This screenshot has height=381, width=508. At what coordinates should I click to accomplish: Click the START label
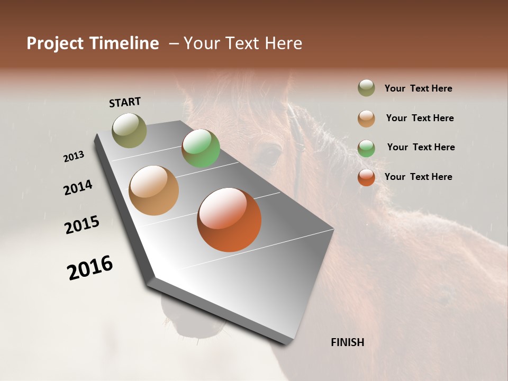point(125,102)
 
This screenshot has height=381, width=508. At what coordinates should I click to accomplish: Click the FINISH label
point(347,342)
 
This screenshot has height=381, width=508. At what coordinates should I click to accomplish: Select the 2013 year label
point(74,157)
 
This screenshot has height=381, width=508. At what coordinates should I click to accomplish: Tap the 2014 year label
point(78,187)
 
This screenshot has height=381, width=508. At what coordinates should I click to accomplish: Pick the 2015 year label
point(82,225)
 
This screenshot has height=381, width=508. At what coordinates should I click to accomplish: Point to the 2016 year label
point(90,268)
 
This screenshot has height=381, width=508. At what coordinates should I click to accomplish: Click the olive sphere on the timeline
point(130,130)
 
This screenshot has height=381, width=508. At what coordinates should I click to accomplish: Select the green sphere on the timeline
point(201,148)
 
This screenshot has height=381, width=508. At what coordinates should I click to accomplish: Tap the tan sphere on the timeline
point(154,190)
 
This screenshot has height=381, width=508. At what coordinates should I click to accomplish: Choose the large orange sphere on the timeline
point(229,220)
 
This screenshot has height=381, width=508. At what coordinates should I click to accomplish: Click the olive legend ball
point(366,88)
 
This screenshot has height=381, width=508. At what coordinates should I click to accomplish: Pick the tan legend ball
point(366,118)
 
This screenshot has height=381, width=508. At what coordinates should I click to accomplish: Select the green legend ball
point(366,148)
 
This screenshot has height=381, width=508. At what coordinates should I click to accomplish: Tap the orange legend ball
point(366,177)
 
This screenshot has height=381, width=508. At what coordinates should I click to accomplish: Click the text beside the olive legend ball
point(418,88)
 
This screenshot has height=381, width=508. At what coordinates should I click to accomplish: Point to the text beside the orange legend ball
point(418,177)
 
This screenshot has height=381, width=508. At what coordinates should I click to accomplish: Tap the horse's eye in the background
point(271,154)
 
